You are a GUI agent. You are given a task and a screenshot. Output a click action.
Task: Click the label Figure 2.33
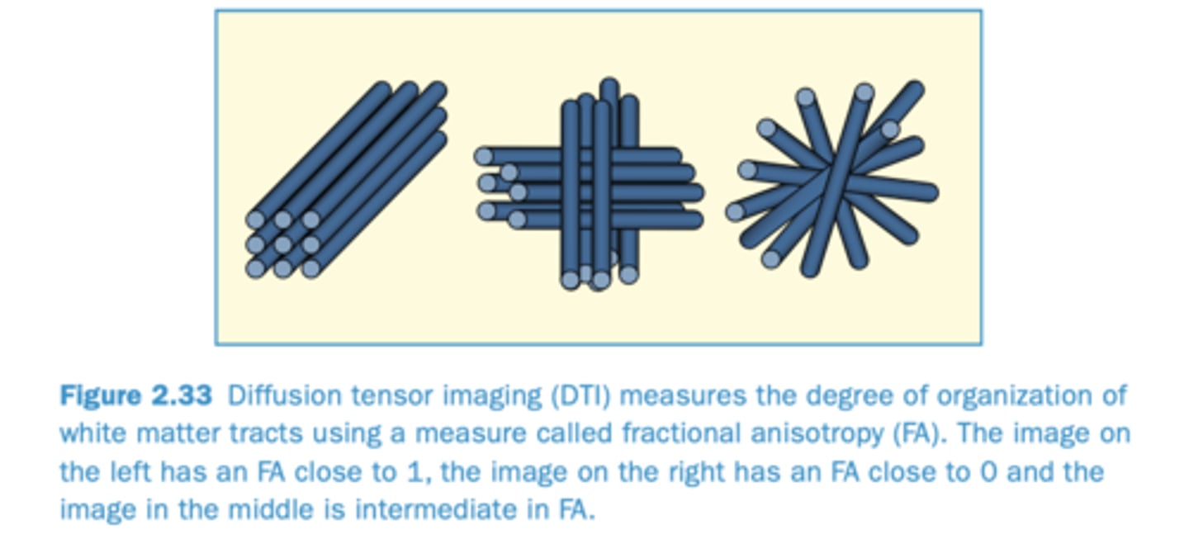pyautogui.click(x=135, y=396)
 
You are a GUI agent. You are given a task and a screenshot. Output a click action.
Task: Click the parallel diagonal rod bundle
pyautogui.click(x=347, y=182)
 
